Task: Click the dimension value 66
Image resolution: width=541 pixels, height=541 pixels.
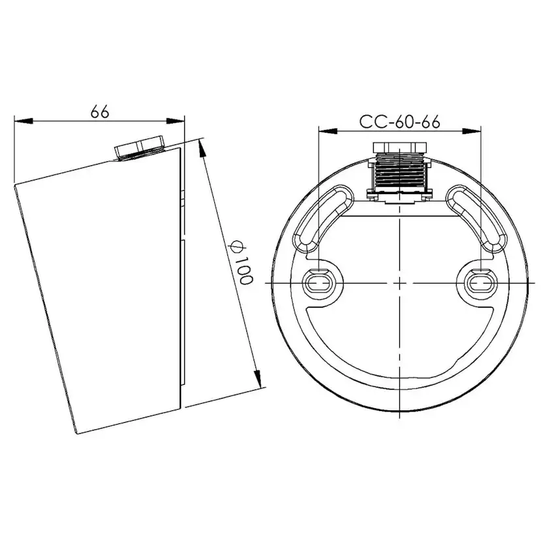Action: click(x=99, y=112)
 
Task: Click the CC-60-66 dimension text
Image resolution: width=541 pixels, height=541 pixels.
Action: click(x=399, y=122)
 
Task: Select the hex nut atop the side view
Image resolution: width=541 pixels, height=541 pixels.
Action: click(x=140, y=148)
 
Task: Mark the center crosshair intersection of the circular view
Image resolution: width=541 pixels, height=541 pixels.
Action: click(x=399, y=282)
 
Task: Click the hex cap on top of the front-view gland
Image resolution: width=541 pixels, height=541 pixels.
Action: click(x=399, y=146)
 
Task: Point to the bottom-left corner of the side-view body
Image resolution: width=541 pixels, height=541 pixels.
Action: click(x=78, y=433)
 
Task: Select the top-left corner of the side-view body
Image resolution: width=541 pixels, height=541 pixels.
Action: click(x=15, y=186)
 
